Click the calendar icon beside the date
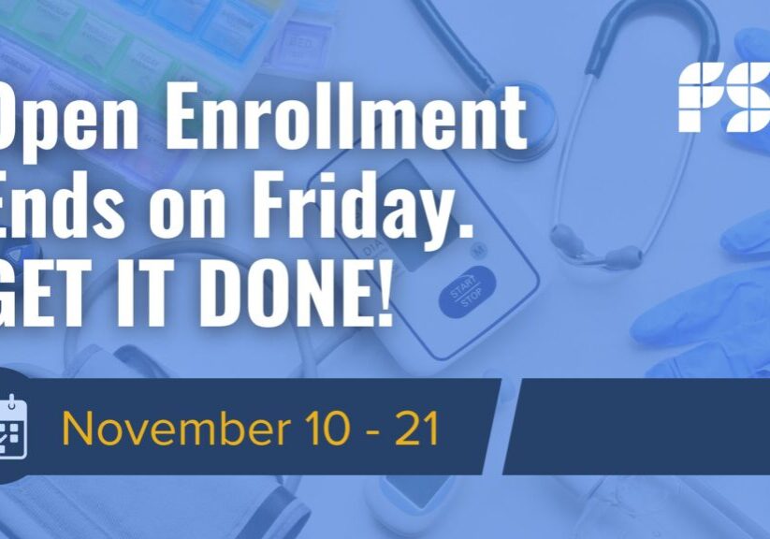pyautogui.click(x=12, y=429)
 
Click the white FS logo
pyautogui.click(x=722, y=96)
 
